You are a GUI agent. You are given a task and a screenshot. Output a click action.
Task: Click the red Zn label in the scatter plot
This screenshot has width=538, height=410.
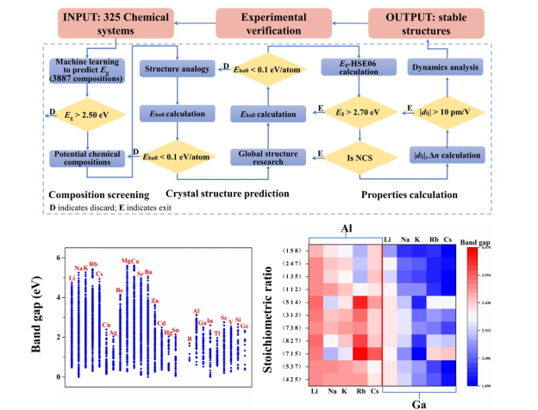(x=155, y=301)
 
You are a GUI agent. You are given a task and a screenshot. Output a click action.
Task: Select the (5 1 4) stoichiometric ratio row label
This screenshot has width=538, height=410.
(x=293, y=301)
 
